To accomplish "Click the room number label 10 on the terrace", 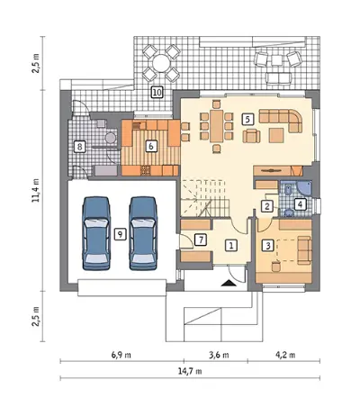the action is coord(157,92).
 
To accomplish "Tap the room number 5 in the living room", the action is coord(247,119).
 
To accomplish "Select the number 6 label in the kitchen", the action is coord(151,146).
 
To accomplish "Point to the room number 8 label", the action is coord(79,147).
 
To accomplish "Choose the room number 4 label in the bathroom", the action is coord(300,204).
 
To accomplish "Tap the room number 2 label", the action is coord(267,206).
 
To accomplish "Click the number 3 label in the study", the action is coord(268,246).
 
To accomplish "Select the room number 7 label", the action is coord(201,240).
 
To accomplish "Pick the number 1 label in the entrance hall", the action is coord(231,245).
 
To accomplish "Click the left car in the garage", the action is coord(96,233).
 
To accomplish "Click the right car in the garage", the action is coord(143,233).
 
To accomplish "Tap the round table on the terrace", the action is coord(161,63).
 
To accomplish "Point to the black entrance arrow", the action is coord(229,283).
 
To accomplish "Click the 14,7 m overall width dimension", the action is coord(190,371).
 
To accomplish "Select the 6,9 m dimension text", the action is coord(121,355).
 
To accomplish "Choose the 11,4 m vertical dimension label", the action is coord(36,190).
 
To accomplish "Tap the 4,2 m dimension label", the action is coord(285,355).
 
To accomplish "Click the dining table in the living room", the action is coord(217,126).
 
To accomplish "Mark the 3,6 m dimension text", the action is coord(219,355).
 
